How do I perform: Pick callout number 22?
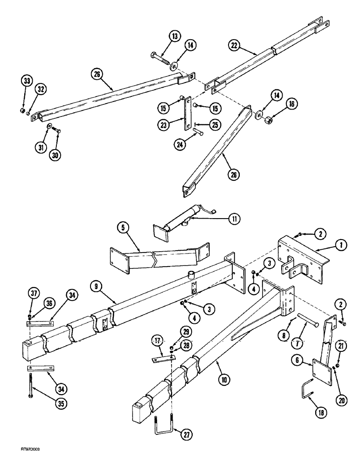[235, 45]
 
